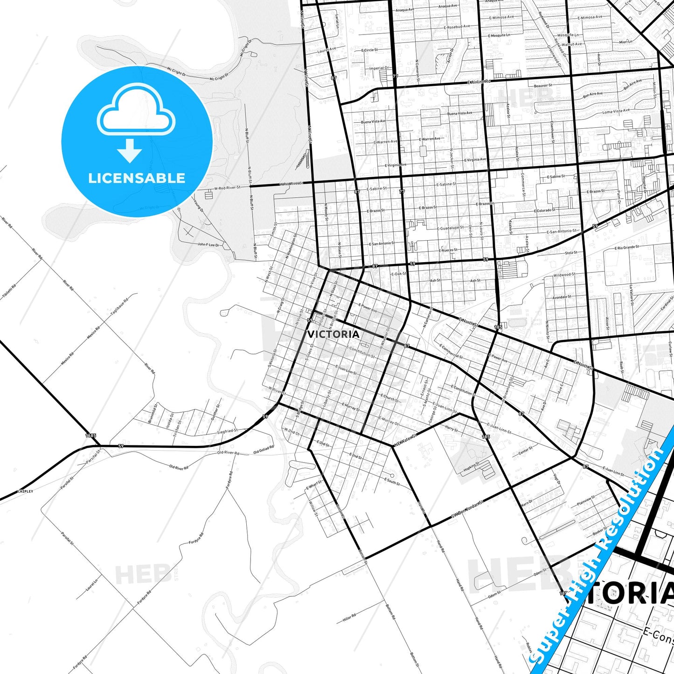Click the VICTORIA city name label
coord(333,334)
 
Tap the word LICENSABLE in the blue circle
coord(137,178)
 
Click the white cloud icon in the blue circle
coord(136,111)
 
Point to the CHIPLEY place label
coord(25,491)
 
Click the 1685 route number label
coord(91,435)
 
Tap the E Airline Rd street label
coord(479,82)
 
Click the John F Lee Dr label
coord(208,244)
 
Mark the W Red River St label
coord(227,188)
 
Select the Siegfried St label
coord(228,431)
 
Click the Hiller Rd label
coord(349,618)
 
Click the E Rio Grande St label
coord(626,248)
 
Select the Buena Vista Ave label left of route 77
coord(373,122)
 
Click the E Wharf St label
coord(314,485)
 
